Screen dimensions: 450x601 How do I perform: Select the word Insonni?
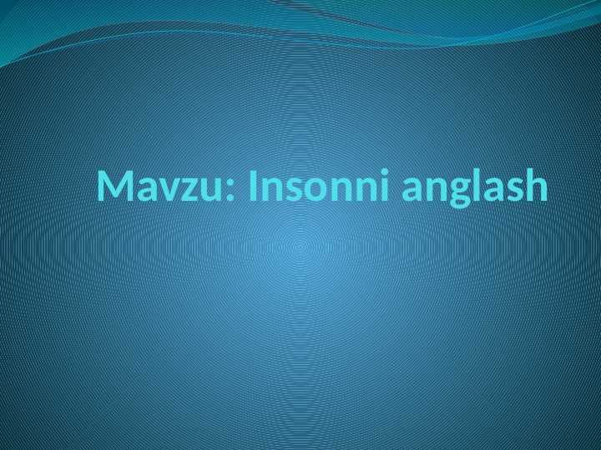tap(321, 187)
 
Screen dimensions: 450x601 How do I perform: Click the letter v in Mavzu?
tap(168, 190)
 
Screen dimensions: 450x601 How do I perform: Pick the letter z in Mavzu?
tap(189, 190)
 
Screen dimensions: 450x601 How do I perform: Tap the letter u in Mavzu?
tap(210, 190)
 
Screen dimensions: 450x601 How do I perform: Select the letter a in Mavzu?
tap(147, 190)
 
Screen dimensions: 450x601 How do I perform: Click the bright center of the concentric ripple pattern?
tap(300, 247)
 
